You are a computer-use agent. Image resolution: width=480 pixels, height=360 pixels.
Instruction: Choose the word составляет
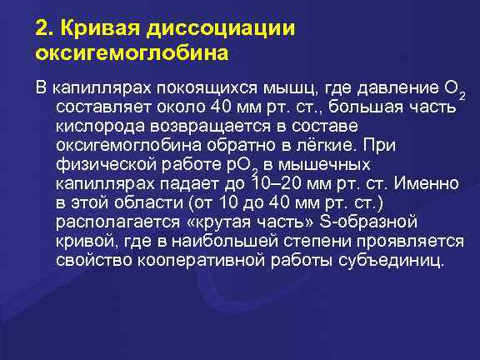pos(101,107)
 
